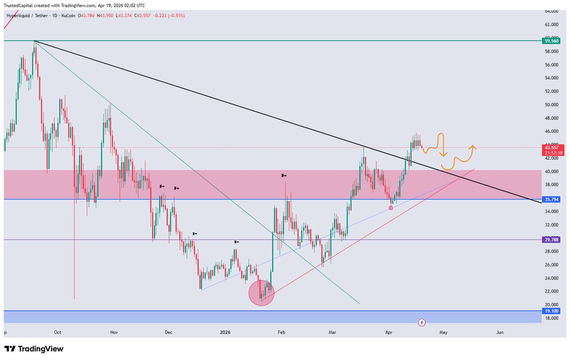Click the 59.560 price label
(551, 41)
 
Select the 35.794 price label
(551, 199)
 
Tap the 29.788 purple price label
(551, 240)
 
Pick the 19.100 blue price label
(551, 311)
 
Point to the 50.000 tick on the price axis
(551, 105)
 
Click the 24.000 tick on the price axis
(551, 278)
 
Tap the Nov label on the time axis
(113, 333)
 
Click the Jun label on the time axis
(499, 333)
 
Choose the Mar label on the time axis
(332, 333)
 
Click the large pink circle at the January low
(261, 292)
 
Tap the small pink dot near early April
(391, 208)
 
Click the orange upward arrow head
(473, 147)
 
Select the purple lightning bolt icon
(422, 323)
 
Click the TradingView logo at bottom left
(34, 349)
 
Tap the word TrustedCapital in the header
(18, 5)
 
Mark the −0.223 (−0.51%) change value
(169, 16)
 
